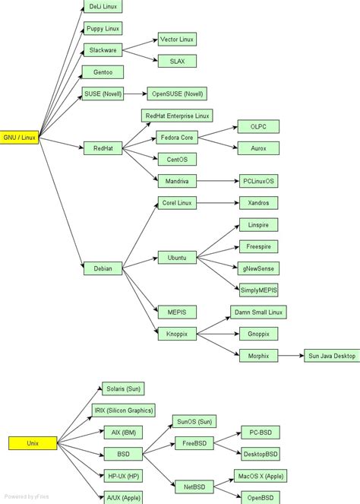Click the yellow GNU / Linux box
coord(20,138)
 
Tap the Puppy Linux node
coord(103,29)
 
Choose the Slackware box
coord(103,50)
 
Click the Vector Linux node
coord(177,40)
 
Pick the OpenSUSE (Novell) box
coord(177,94)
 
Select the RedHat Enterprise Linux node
coord(177,116)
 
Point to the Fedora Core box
coord(177,138)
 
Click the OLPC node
coord(258,126)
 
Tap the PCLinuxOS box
coord(258,181)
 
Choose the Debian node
coord(103,268)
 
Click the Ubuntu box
coord(177,258)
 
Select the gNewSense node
coord(258,268)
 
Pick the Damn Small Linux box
coord(258,312)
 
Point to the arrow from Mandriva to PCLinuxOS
coord(216,181)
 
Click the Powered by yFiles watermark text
coord(27,496)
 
